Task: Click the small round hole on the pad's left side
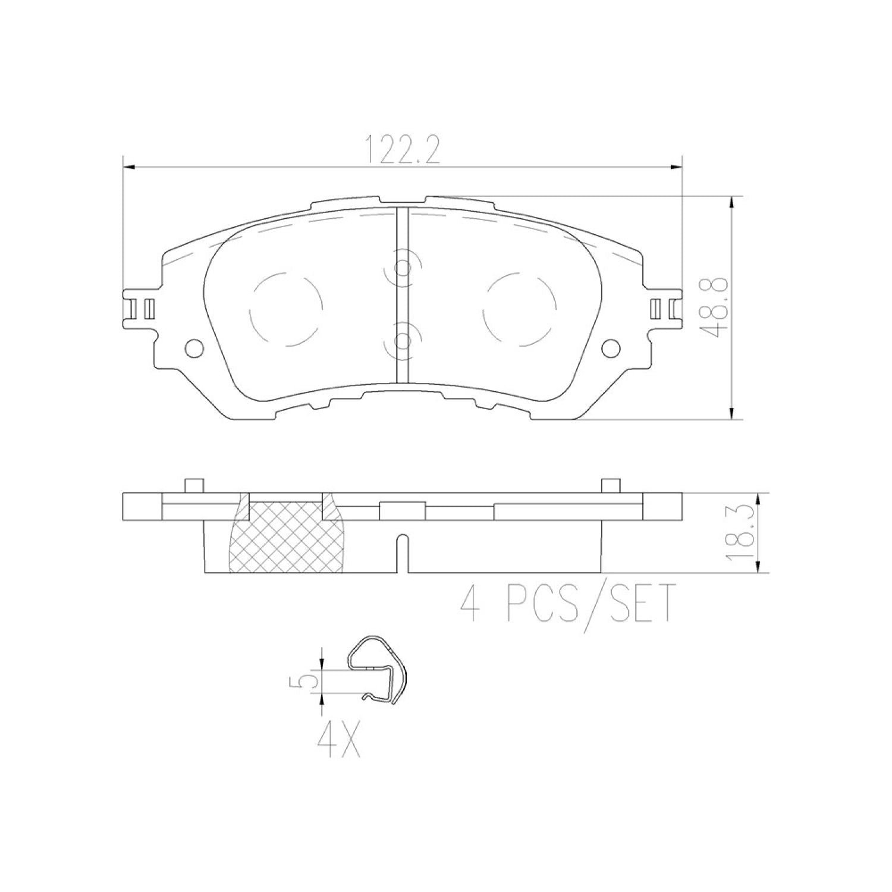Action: click(194, 348)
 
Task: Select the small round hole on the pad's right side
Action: click(611, 348)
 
